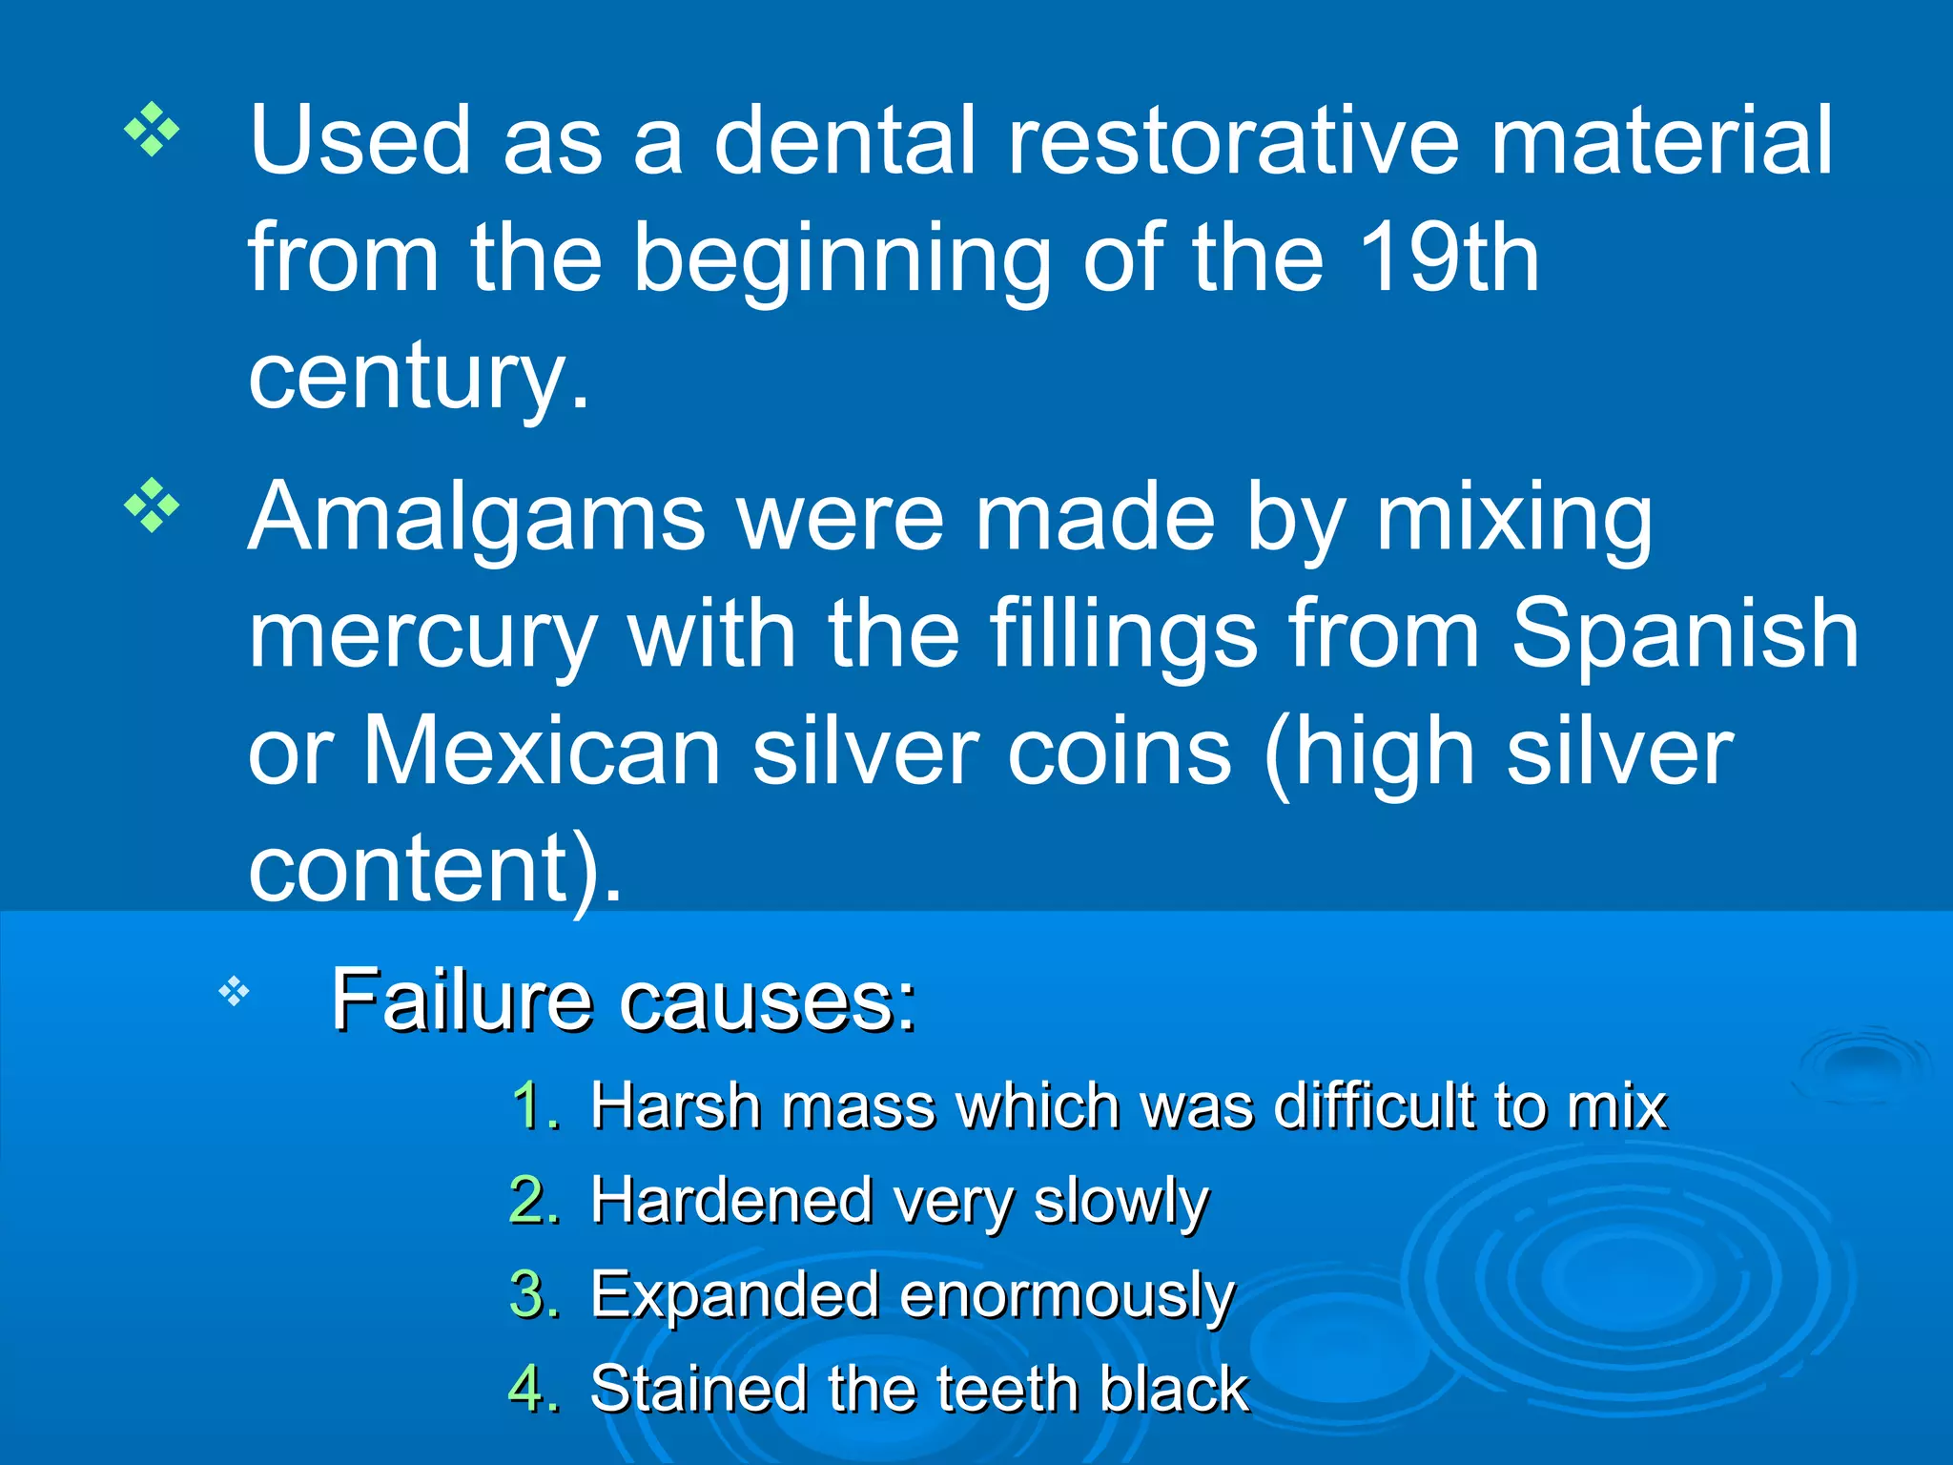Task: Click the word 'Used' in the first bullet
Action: point(360,141)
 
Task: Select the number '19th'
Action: point(1448,258)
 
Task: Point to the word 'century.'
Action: point(419,377)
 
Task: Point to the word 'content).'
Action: point(435,868)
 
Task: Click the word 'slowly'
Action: point(1121,1202)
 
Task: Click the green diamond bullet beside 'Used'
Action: point(152,127)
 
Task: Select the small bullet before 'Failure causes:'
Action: point(234,992)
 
